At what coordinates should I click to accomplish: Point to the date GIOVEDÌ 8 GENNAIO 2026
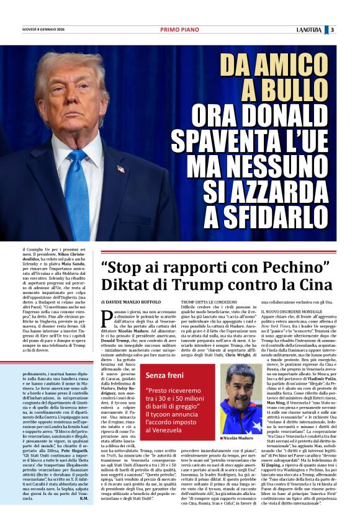[45, 29]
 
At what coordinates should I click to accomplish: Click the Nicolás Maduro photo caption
[239, 438]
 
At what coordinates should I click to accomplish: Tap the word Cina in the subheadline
[317, 285]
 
